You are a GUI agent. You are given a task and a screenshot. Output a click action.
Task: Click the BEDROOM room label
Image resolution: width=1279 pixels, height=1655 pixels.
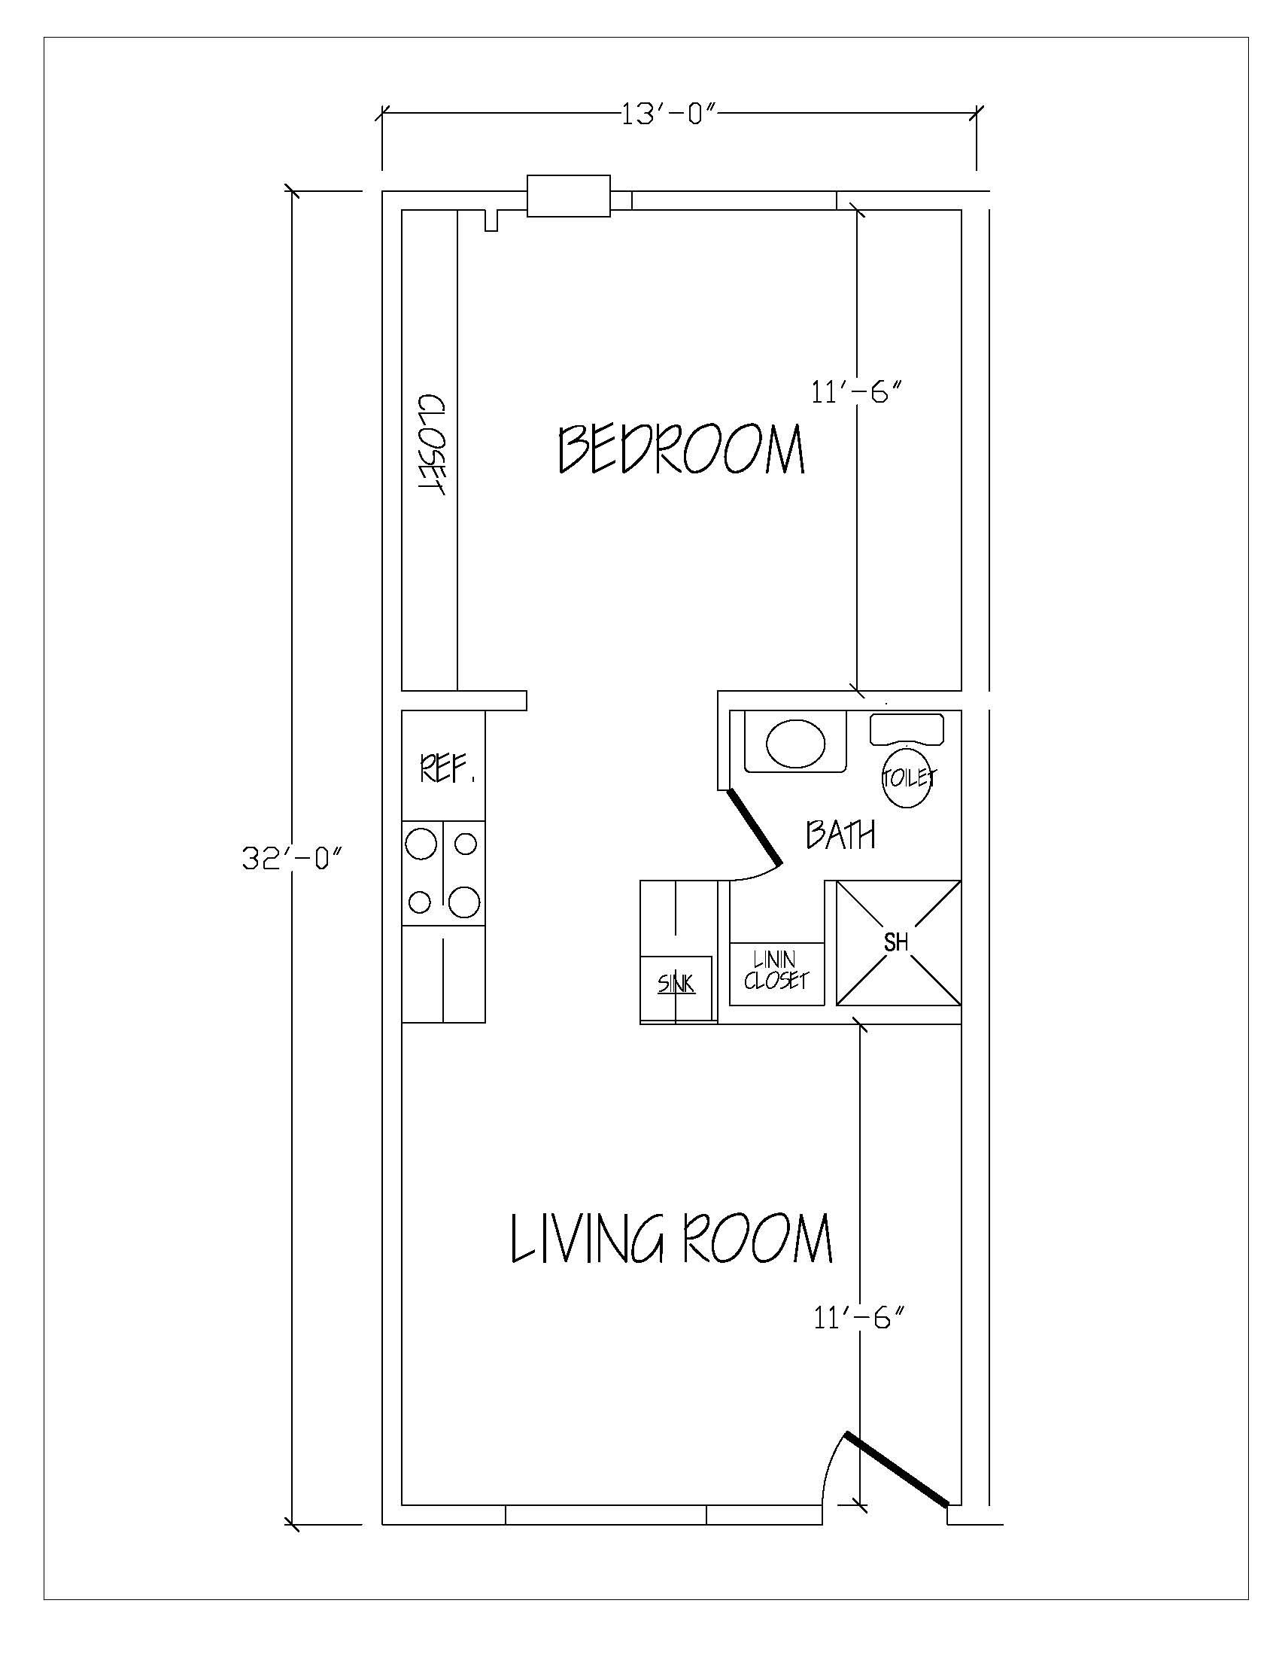pyautogui.click(x=679, y=449)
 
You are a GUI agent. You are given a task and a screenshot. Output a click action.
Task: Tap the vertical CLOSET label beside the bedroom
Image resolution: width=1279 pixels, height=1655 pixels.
pyautogui.click(x=430, y=445)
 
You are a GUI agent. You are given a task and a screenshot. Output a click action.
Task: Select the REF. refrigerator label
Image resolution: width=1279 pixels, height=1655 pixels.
pyautogui.click(x=447, y=770)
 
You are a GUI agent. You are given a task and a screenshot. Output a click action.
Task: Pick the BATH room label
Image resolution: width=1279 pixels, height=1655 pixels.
pyautogui.click(x=840, y=835)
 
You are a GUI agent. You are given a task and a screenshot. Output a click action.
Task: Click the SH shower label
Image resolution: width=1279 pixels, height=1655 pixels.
pyautogui.click(x=896, y=942)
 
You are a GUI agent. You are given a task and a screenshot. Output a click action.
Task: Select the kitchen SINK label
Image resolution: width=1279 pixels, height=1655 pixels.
pyautogui.click(x=676, y=984)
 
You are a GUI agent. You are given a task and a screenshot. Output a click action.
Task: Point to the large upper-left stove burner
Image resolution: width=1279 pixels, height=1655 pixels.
pyautogui.click(x=421, y=844)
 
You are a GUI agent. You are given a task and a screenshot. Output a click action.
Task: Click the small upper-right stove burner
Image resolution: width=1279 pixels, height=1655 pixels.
pyautogui.click(x=466, y=843)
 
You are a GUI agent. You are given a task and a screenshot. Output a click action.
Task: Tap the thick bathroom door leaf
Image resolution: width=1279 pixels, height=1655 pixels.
pyautogui.click(x=754, y=826)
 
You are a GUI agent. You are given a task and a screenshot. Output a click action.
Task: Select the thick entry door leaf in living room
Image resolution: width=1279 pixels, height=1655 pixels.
pyautogui.click(x=896, y=1468)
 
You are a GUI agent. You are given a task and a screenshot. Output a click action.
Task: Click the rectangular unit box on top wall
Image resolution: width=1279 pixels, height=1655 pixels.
pyautogui.click(x=567, y=196)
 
